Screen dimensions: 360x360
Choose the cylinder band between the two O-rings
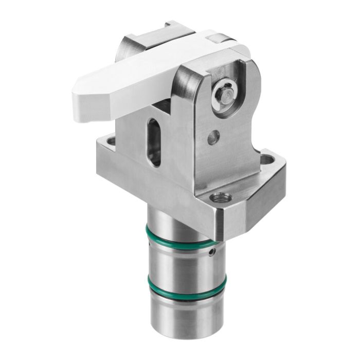177,262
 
